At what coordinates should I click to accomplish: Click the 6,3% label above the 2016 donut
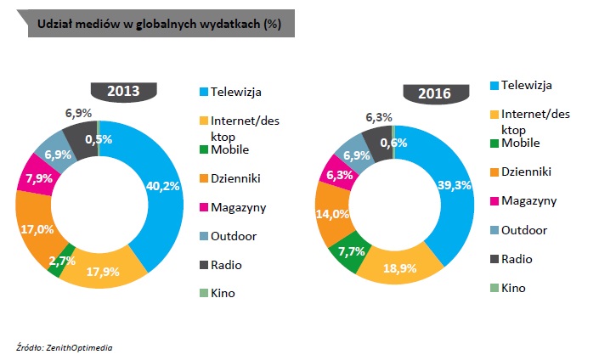[x=378, y=117]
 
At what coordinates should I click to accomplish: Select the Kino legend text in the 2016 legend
[x=513, y=288]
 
